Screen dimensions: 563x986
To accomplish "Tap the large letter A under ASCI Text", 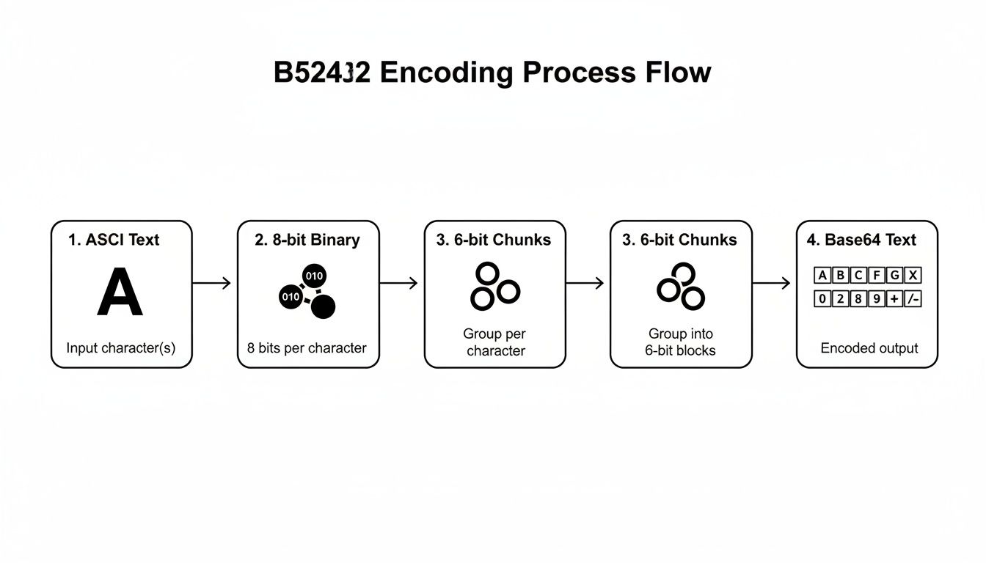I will tap(120, 292).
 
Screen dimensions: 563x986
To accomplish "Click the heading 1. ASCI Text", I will tap(114, 240).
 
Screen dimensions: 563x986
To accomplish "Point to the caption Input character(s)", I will tap(121, 348).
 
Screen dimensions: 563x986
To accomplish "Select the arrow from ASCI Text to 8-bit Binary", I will tap(212, 283).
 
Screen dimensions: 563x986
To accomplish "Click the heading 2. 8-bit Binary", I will tap(307, 240).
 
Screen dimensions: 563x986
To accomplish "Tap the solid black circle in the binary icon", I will tap(323, 306).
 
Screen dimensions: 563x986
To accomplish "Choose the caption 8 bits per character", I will tap(307, 348).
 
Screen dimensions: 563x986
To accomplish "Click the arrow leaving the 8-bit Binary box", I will tap(399, 283).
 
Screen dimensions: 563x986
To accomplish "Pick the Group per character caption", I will tap(495, 342).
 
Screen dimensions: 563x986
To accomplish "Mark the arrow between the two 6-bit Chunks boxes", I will tap(585, 283).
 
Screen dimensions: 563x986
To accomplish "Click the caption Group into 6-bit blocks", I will tap(681, 342).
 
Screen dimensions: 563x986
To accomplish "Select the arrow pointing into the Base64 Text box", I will tap(772, 283).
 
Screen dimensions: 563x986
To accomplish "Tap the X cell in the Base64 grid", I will tap(913, 276).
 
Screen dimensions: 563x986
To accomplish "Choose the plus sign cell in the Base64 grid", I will tap(894, 299).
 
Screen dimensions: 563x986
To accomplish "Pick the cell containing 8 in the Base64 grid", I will tap(858, 299).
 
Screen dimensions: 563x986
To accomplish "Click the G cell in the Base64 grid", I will tap(894, 276).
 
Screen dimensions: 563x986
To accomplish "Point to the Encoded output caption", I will tap(869, 348).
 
